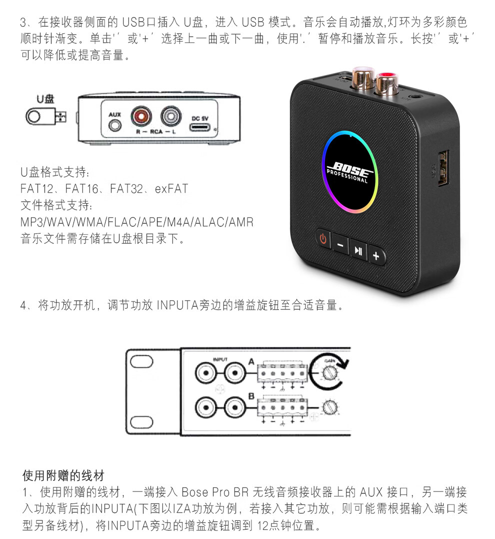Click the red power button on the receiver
[x=323, y=239]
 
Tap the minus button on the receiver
[x=340, y=245]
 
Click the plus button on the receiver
[x=376, y=257]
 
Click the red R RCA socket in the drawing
[x=140, y=117]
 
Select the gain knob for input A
[x=328, y=371]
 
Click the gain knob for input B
[x=328, y=408]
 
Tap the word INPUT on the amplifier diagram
[x=220, y=359]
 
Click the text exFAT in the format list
[x=171, y=188]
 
